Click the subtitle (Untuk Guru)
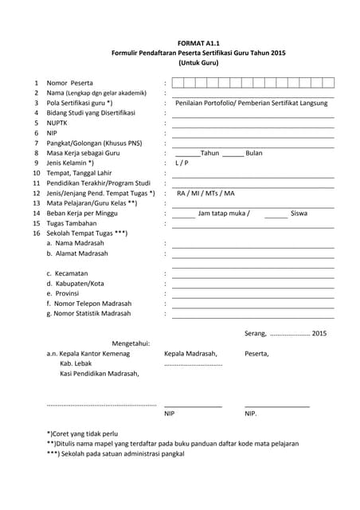point(198,62)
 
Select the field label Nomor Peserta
point(69,83)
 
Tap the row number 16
point(36,233)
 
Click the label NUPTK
point(58,123)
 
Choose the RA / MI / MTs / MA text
point(205,193)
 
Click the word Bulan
point(254,153)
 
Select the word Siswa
point(299,213)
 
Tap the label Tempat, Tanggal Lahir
point(79,173)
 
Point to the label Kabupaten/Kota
point(75,283)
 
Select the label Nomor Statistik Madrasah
point(88,313)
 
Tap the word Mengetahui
point(131,343)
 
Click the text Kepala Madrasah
point(190,354)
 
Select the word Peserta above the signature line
point(256,354)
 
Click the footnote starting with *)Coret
point(82,433)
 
